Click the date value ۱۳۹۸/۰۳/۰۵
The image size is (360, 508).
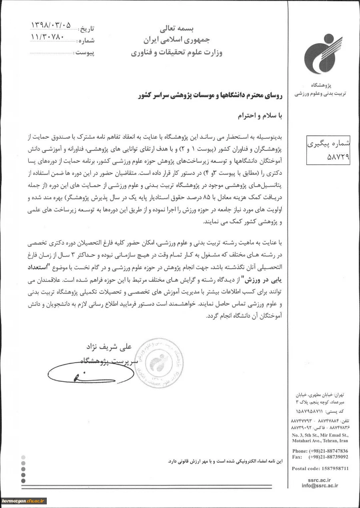coord(51,26)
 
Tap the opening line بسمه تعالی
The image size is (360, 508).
coord(176,29)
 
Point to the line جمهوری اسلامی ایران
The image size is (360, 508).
coord(176,40)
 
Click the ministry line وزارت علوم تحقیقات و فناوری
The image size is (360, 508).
coord(176,52)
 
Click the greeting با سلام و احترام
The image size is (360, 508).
coord(261,116)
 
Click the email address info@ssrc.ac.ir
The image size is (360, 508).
coord(320,485)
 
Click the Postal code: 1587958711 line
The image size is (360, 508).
coord(320,468)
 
